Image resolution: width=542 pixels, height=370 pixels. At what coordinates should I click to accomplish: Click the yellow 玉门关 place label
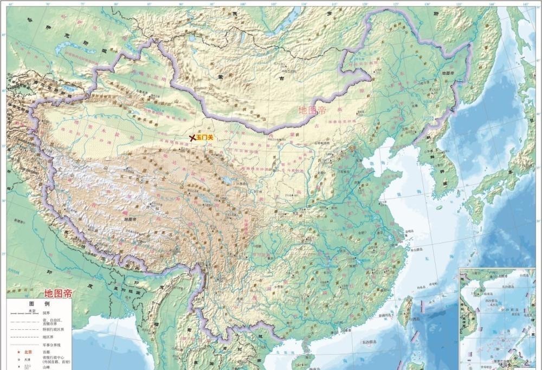(x=205, y=138)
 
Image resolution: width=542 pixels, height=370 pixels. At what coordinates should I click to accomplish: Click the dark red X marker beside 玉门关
(x=192, y=138)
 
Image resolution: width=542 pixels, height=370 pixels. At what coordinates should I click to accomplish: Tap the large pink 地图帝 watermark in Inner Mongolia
(x=312, y=111)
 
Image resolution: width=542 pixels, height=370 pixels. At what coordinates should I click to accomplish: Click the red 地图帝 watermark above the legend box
(x=58, y=294)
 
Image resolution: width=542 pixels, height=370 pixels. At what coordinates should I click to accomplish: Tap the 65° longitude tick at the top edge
(x=10, y=4)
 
